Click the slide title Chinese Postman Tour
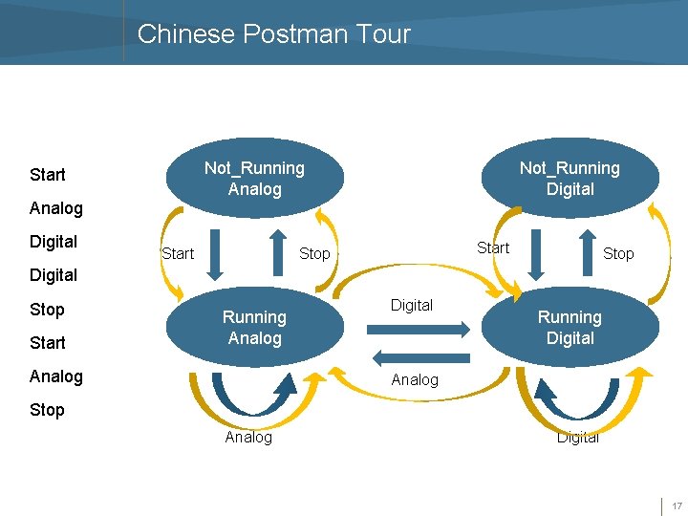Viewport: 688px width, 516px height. [x=273, y=34]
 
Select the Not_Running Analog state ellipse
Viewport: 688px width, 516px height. [x=254, y=179]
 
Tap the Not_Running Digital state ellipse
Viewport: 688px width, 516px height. [x=570, y=179]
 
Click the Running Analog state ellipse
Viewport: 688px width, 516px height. [x=254, y=328]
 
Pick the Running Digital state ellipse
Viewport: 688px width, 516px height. [x=570, y=328]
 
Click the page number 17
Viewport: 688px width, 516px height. [x=676, y=505]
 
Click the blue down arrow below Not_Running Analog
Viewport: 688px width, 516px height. [x=216, y=252]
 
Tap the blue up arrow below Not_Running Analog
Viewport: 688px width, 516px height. [x=277, y=252]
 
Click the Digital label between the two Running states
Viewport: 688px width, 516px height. [x=412, y=305]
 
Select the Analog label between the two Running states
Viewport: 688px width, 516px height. [x=415, y=379]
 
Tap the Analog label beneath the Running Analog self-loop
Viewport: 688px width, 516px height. [x=248, y=437]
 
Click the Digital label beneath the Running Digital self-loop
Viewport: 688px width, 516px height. [x=577, y=437]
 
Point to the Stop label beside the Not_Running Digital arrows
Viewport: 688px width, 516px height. [x=618, y=253]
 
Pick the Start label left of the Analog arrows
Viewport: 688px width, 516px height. [x=178, y=253]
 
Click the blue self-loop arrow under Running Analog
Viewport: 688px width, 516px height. [x=254, y=395]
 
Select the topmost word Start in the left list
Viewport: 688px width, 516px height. [x=48, y=175]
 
